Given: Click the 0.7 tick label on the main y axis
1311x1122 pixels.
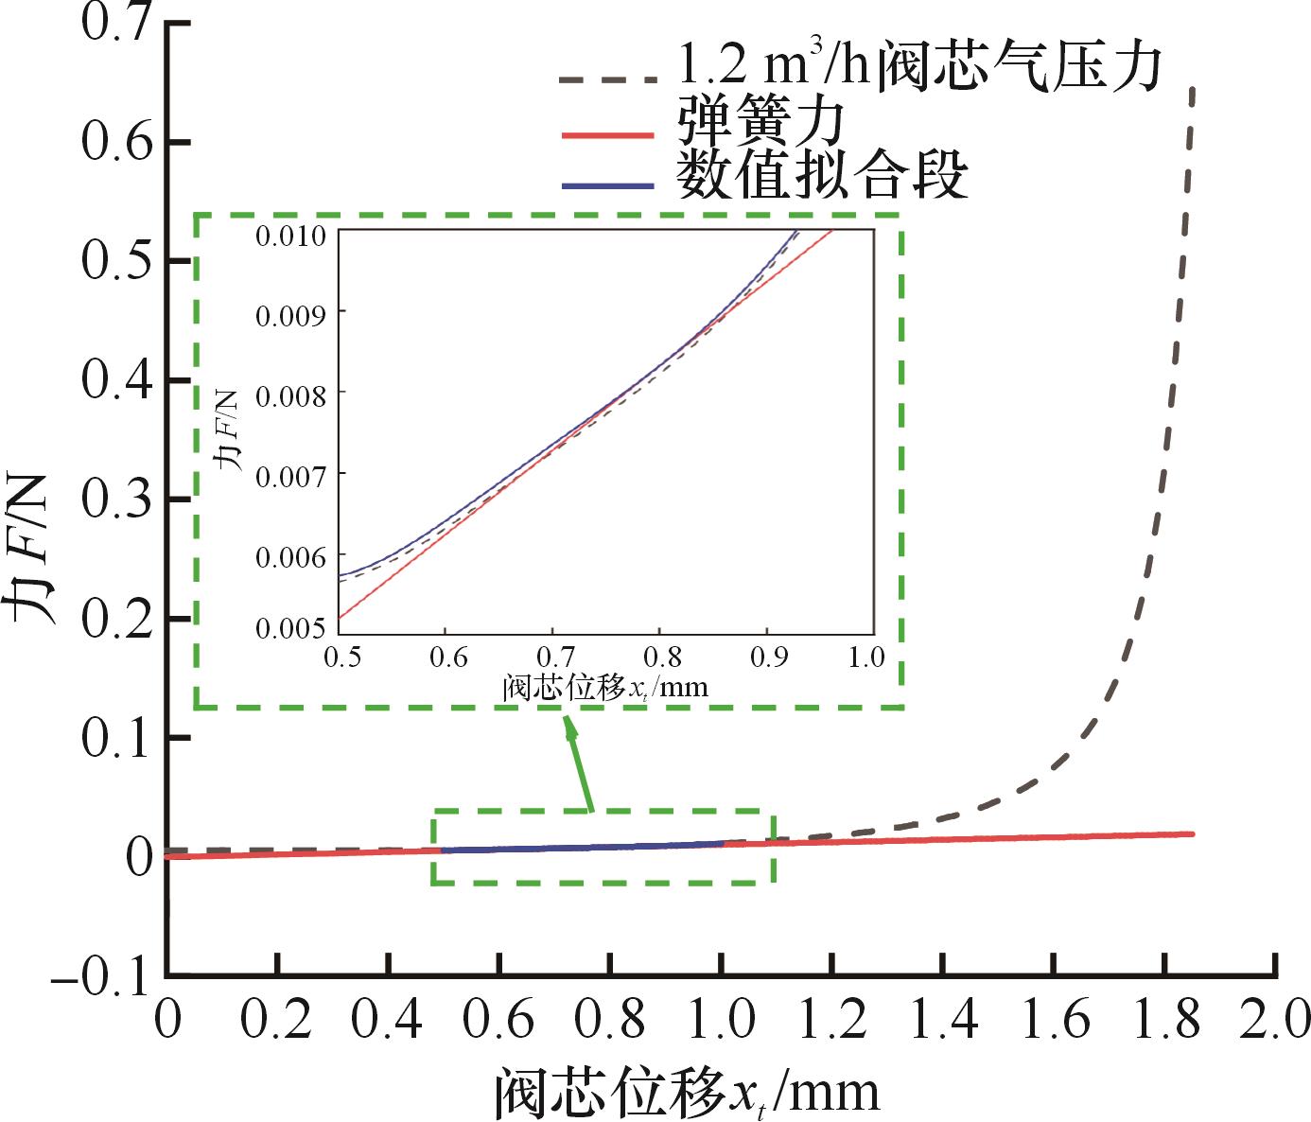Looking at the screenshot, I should pyautogui.click(x=116, y=23).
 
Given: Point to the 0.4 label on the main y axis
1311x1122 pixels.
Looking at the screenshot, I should pyautogui.click(x=116, y=380).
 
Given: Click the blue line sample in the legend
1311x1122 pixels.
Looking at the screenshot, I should pyautogui.click(x=606, y=185).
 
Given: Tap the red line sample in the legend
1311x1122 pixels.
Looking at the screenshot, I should pyautogui.click(x=606, y=136).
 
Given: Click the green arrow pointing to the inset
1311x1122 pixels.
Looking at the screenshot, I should pyautogui.click(x=579, y=763).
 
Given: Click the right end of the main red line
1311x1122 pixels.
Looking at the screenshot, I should pyautogui.click(x=1193, y=833).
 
